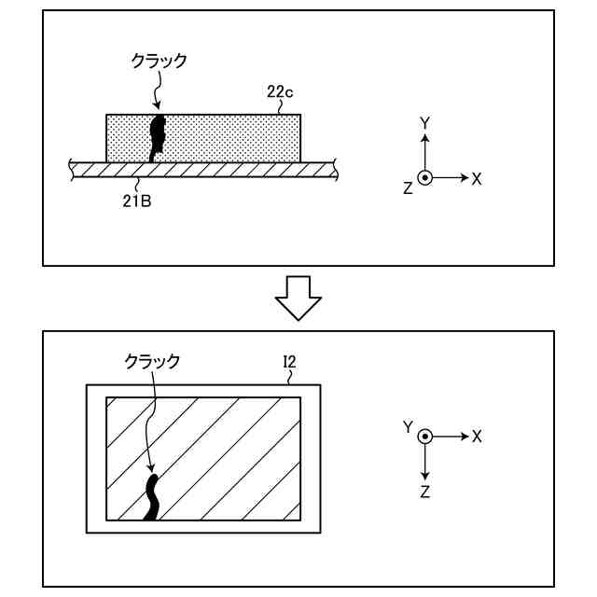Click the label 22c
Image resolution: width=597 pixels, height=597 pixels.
tap(280, 92)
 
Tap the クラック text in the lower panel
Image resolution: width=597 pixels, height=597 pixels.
tap(152, 360)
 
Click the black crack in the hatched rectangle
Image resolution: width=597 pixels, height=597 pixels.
tap(151, 496)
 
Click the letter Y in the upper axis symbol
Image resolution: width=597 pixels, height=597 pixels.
tap(424, 123)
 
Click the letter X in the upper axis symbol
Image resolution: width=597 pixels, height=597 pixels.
tap(477, 178)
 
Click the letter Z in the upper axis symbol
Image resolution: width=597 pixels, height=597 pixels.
tap(408, 188)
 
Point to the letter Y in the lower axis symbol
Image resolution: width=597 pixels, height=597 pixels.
tap(408, 426)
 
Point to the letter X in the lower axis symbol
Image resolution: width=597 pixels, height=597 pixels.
tap(477, 437)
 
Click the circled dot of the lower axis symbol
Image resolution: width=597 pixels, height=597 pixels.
tap(425, 437)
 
